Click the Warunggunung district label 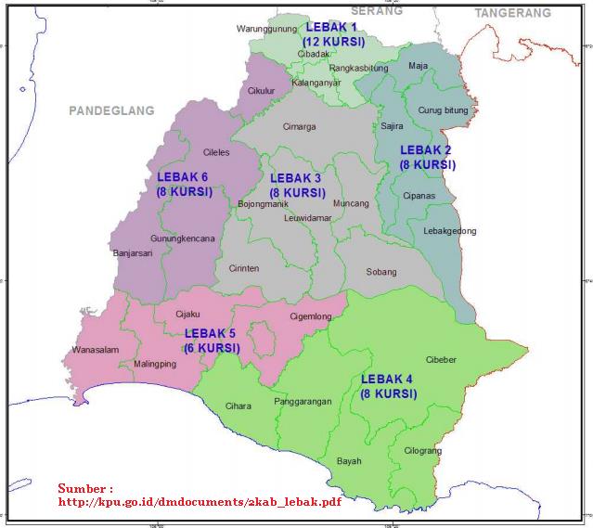pos(266,29)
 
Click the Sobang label pos(380,272)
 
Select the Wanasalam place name pos(96,350)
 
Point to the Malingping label pos(155,364)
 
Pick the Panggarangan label pos(303,402)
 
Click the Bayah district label pos(349,460)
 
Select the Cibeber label pos(441,360)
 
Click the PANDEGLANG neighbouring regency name pos(110,110)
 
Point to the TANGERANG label pos(512,13)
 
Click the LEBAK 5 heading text pos(211,333)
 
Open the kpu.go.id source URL pos(200,502)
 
